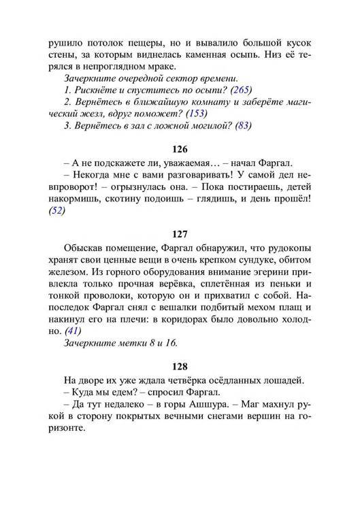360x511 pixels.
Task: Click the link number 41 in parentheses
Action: tap(71, 330)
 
